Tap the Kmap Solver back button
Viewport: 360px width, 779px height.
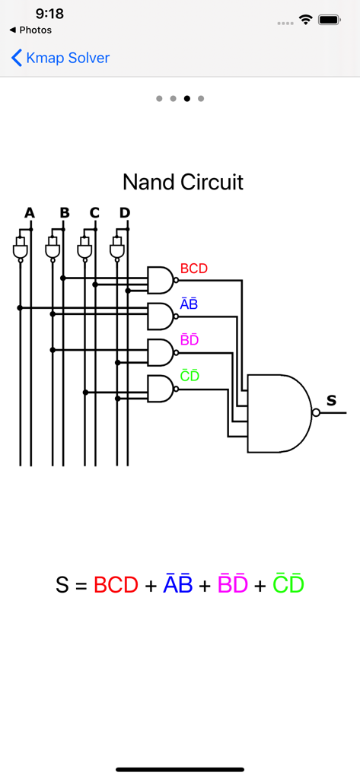click(x=60, y=58)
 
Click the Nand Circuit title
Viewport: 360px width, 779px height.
click(x=183, y=183)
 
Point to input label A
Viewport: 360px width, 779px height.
click(x=30, y=212)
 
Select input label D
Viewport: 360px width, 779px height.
click(x=125, y=212)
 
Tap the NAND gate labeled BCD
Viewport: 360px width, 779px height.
click(x=161, y=281)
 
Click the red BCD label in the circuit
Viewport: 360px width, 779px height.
click(x=193, y=269)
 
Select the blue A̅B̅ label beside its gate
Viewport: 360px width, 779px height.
click(x=189, y=304)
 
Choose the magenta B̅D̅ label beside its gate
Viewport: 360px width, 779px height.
click(x=189, y=340)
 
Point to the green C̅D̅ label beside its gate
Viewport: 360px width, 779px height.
click(x=190, y=376)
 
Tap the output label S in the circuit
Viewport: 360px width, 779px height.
click(x=331, y=400)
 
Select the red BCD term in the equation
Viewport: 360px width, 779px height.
click(x=116, y=585)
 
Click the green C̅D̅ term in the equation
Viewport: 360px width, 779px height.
click(x=288, y=584)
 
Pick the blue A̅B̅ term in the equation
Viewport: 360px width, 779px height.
click(x=178, y=584)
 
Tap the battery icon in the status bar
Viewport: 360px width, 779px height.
click(x=330, y=20)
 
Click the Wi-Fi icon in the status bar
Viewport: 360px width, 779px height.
click(x=306, y=20)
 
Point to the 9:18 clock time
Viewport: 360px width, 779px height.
click(x=49, y=14)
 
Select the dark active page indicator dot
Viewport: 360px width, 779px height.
click(x=187, y=98)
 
